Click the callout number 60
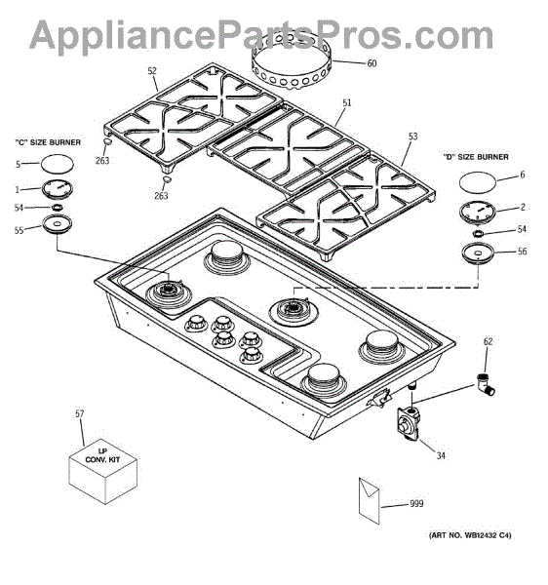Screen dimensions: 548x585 372,63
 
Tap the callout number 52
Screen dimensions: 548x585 152,71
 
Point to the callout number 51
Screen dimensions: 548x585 347,103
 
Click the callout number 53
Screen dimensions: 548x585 413,136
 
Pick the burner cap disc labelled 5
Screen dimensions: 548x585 57,164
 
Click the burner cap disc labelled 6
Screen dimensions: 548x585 478,182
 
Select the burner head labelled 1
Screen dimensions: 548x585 58,189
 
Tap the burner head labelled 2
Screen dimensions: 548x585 478,213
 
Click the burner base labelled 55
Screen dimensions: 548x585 57,224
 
